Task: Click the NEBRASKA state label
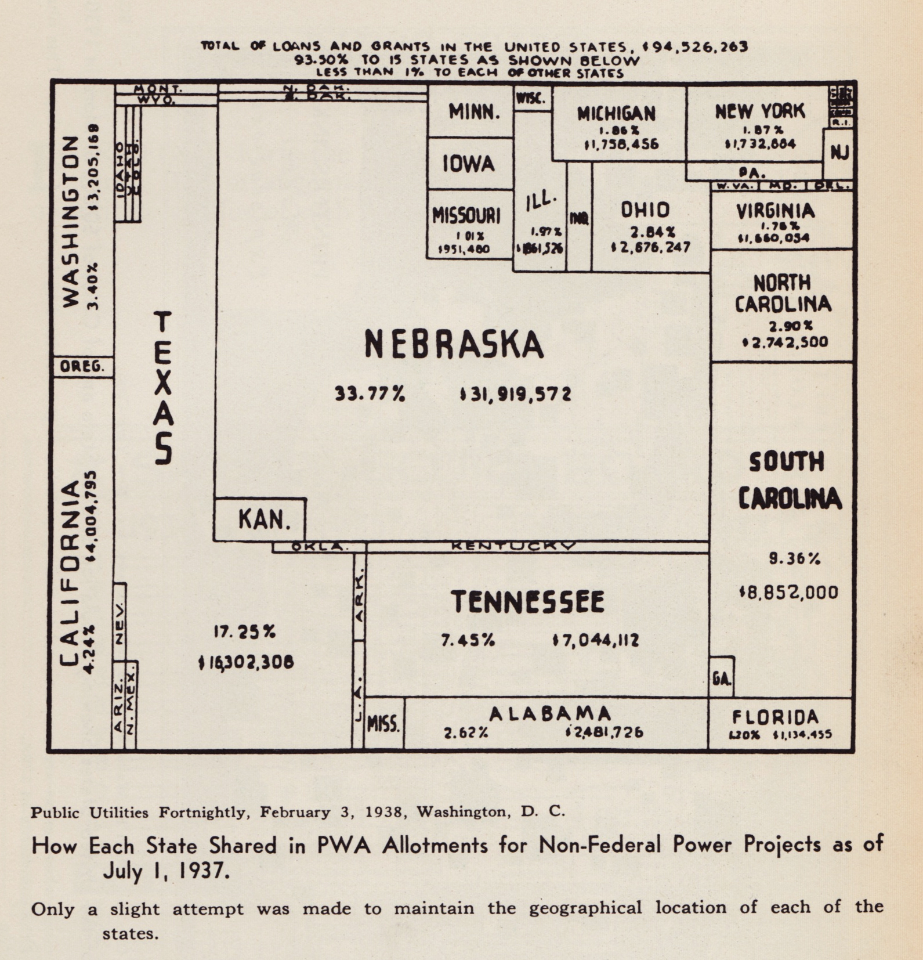454,344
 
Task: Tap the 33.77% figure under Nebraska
370,394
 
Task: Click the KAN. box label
264,519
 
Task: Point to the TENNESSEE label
528,602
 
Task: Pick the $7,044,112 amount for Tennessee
595,641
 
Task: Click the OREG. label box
82,367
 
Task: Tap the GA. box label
722,678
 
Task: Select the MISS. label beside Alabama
383,724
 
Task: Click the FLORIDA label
775,717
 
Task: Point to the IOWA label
469,164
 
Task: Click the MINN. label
474,111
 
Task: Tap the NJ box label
839,153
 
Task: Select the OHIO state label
645,210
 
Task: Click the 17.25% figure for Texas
244,632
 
